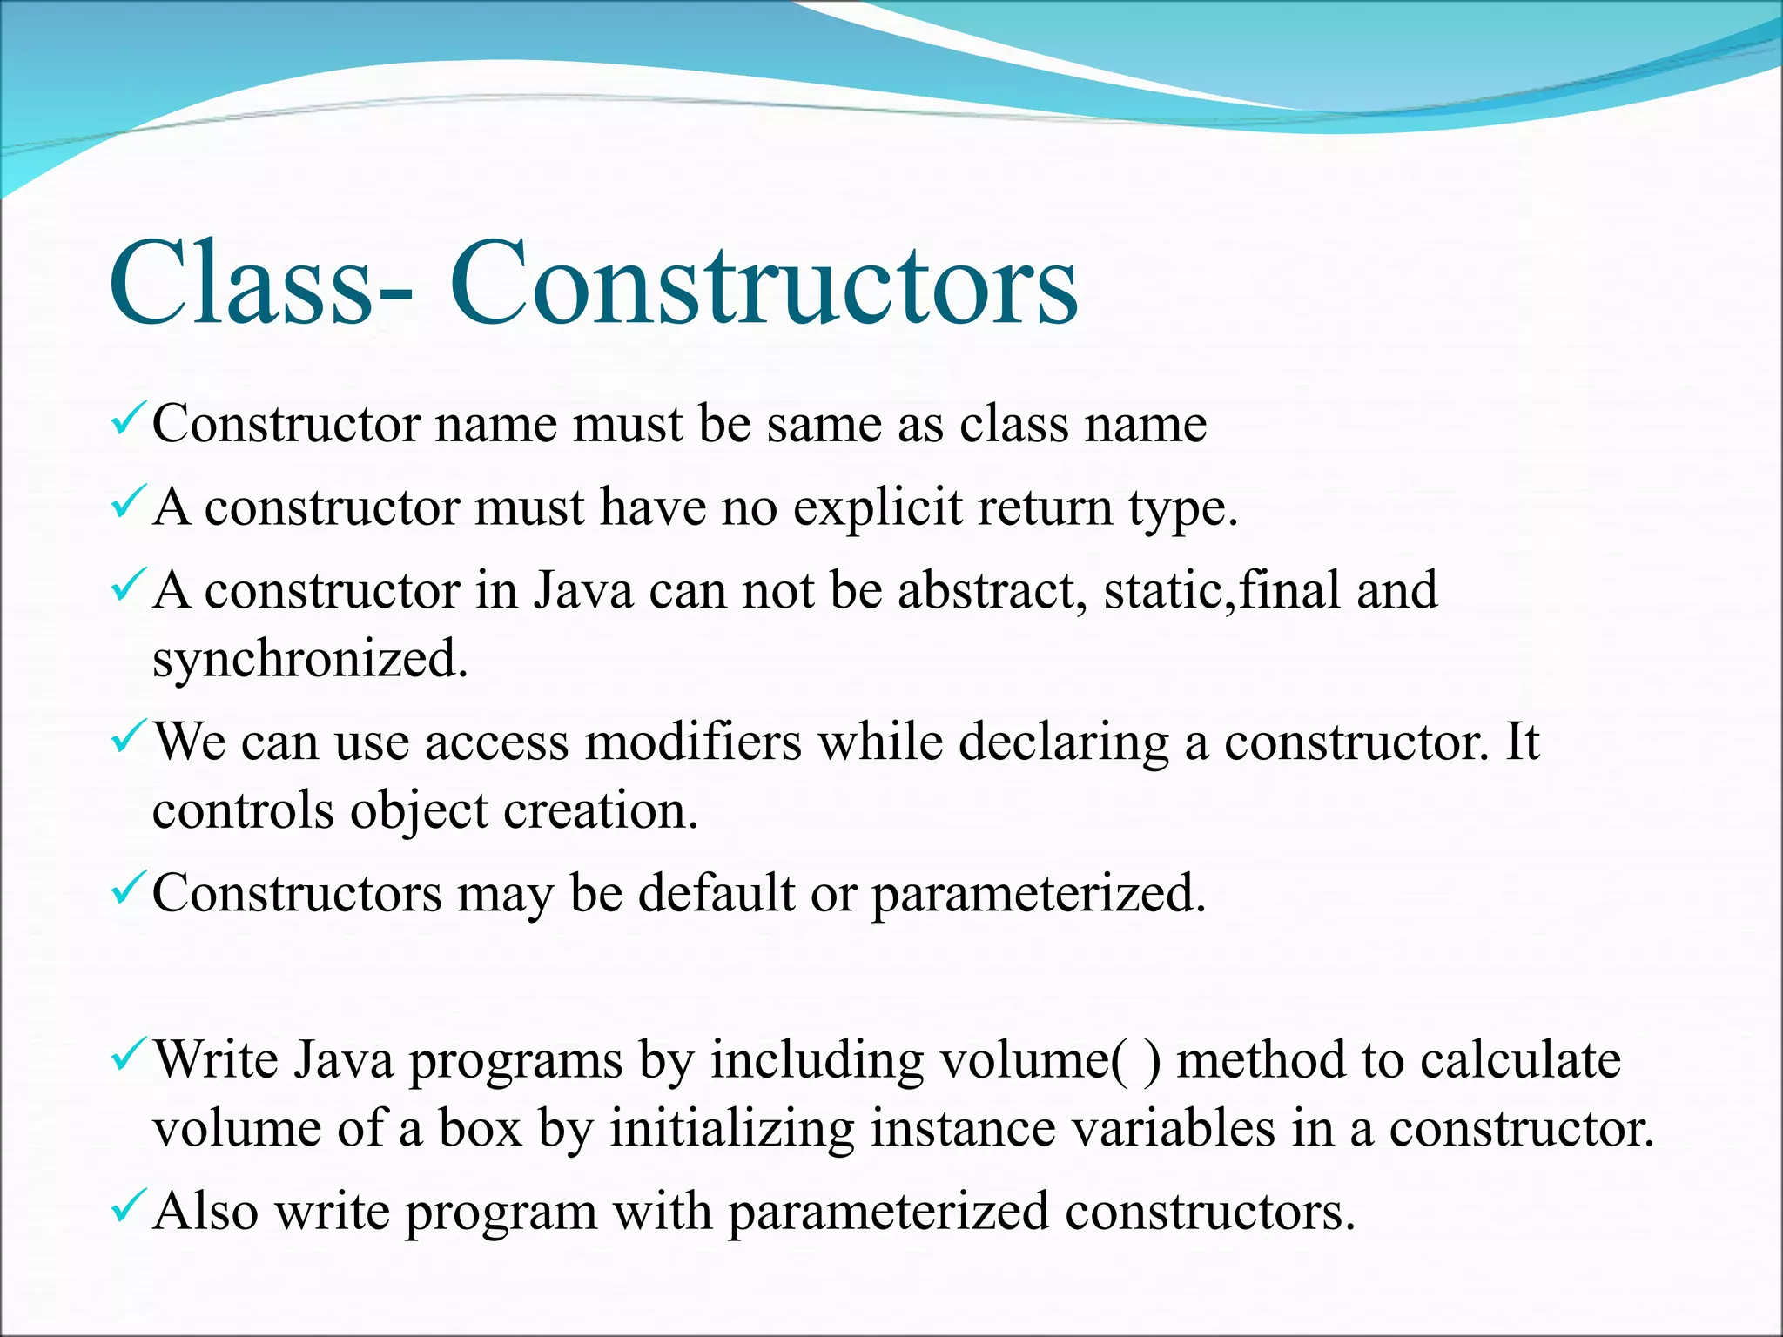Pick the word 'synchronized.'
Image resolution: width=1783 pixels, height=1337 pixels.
click(310, 659)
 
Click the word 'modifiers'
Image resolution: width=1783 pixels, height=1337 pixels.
click(693, 742)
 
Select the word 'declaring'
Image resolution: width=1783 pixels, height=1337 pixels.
click(1063, 743)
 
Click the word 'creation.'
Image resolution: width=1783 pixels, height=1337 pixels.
click(601, 810)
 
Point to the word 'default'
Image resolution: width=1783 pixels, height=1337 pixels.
click(717, 893)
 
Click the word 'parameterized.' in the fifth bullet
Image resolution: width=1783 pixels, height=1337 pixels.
click(1039, 895)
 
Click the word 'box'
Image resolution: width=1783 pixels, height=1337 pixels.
click(480, 1129)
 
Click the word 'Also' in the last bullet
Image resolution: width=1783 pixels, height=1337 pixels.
click(205, 1211)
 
